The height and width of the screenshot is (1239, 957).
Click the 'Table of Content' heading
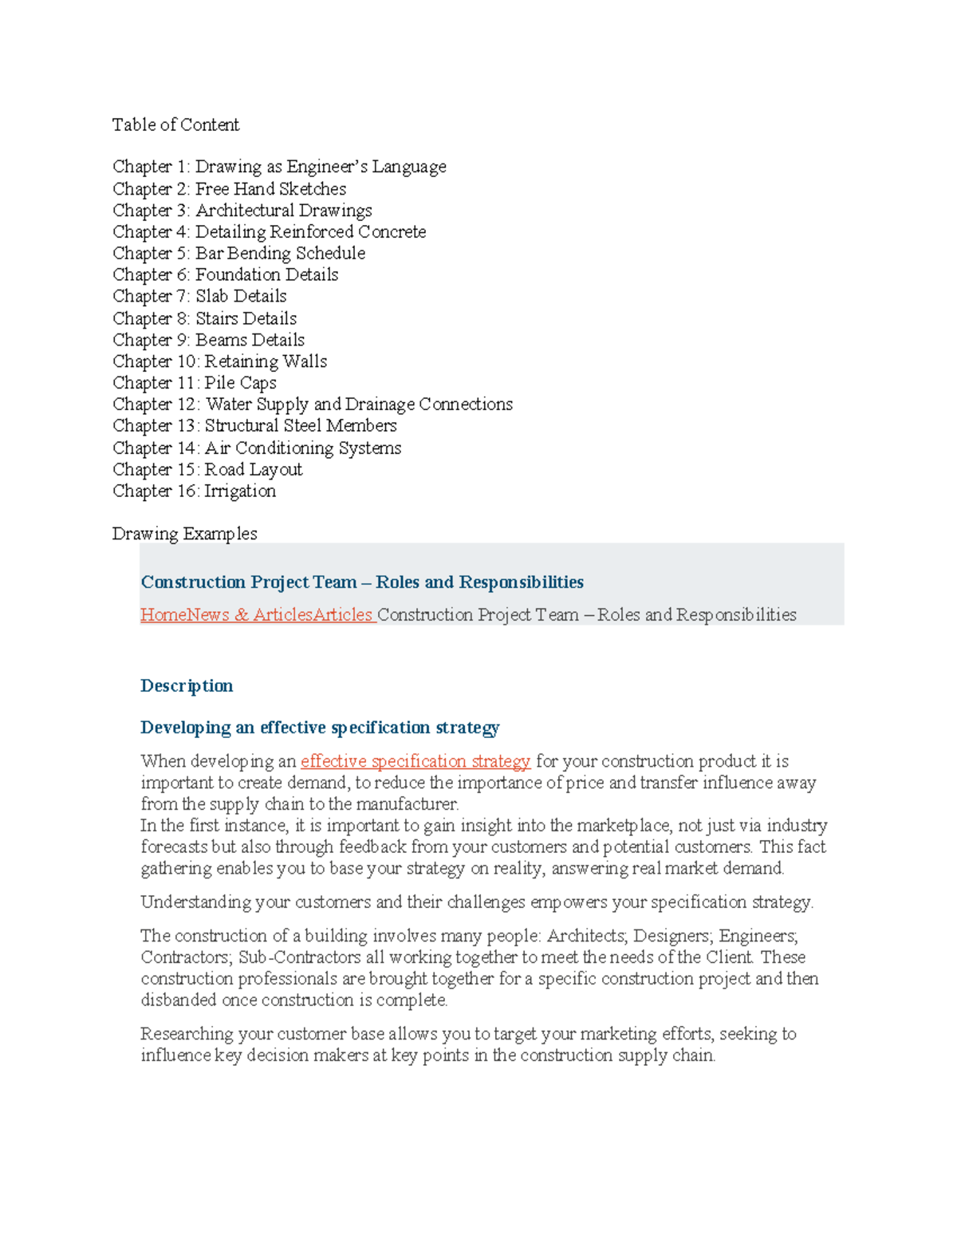pyautogui.click(x=175, y=124)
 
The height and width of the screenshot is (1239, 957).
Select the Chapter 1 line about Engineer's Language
pyautogui.click(x=279, y=167)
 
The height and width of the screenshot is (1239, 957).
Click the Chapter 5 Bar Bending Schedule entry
pyautogui.click(x=238, y=253)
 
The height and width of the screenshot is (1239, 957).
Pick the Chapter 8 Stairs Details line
pyautogui.click(x=204, y=318)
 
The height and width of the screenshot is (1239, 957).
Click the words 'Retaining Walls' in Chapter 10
pyautogui.click(x=266, y=361)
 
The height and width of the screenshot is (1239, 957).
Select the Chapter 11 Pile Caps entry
pyautogui.click(x=194, y=383)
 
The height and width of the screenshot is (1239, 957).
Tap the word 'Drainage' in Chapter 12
pyautogui.click(x=380, y=404)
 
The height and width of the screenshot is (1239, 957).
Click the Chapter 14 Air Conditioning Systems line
pyautogui.click(x=257, y=448)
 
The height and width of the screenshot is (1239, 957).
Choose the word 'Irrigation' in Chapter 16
pyautogui.click(x=240, y=491)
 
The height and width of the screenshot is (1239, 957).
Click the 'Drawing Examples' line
pyautogui.click(x=184, y=534)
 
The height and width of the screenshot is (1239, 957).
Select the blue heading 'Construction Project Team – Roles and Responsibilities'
pyautogui.click(x=362, y=582)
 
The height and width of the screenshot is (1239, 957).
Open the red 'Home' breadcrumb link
pyautogui.click(x=163, y=615)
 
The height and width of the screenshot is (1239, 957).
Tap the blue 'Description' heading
pyautogui.click(x=187, y=686)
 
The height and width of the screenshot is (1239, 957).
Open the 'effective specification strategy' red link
pyautogui.click(x=415, y=761)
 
